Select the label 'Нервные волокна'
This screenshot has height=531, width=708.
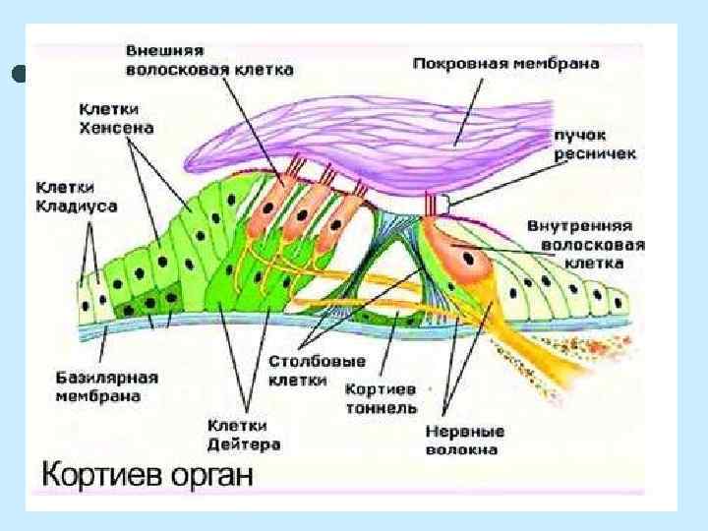pyautogui.click(x=464, y=440)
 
